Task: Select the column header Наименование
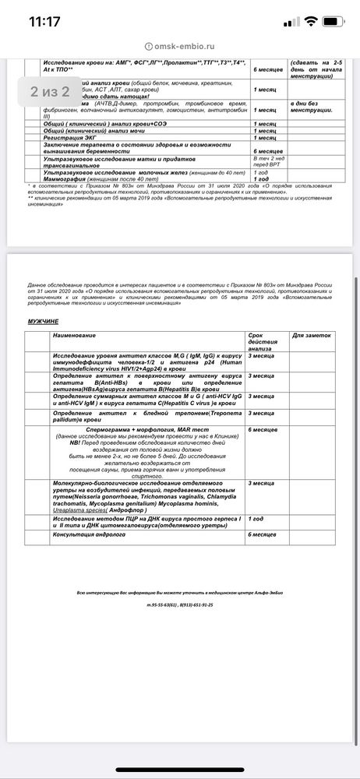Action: click(x=73, y=335)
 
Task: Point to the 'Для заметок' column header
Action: click(x=312, y=335)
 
